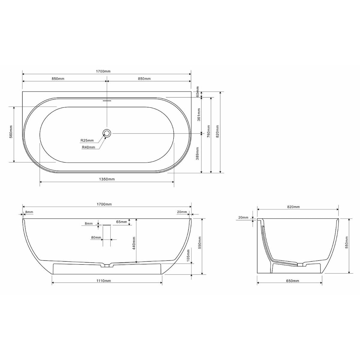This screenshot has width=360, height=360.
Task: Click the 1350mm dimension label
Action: pyautogui.click(x=107, y=179)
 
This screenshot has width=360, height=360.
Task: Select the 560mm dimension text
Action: pyautogui.click(x=11, y=134)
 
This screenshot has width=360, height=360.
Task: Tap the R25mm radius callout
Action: pyautogui.click(x=87, y=140)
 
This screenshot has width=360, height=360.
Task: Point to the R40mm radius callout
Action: pyautogui.click(x=88, y=147)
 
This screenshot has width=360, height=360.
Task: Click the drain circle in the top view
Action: pyautogui.click(x=107, y=133)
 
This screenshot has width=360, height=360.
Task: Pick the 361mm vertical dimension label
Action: pyautogui.click(x=198, y=114)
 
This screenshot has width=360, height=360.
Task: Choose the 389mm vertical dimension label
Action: pyautogui.click(x=198, y=153)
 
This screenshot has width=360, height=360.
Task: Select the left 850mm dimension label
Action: pyautogui.click(x=58, y=79)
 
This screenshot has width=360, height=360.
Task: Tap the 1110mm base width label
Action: pyautogui.click(x=104, y=281)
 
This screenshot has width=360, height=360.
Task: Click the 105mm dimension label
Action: pyautogui.click(x=188, y=255)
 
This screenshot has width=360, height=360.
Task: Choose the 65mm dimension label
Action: pyautogui.click(x=121, y=222)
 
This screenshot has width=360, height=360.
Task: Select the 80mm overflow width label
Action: pyautogui.click(x=96, y=238)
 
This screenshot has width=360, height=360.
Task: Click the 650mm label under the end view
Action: pyautogui.click(x=293, y=281)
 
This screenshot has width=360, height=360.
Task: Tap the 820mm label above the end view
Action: pyautogui.click(x=293, y=207)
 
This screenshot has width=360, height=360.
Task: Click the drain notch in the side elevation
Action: pyautogui.click(x=107, y=265)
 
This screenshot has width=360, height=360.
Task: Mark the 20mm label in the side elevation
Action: pyautogui.click(x=182, y=212)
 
